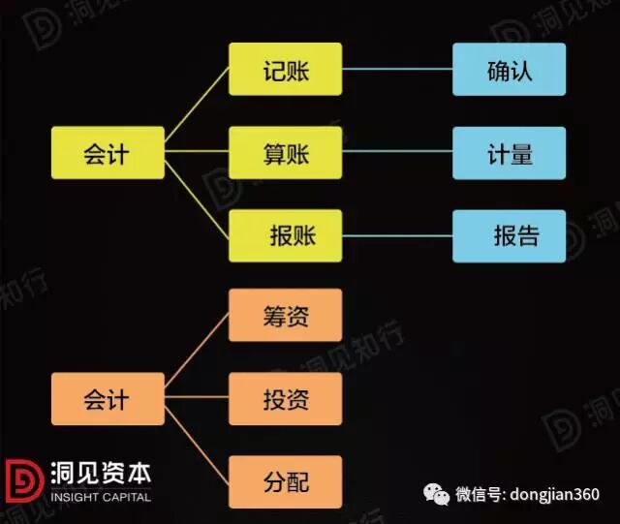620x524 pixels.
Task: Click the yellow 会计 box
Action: [108, 153]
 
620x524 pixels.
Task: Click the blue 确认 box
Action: [510, 70]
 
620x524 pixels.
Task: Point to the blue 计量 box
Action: [510, 153]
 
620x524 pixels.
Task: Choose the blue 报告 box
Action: [510, 235]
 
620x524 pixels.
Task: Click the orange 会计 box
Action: [108, 399]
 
